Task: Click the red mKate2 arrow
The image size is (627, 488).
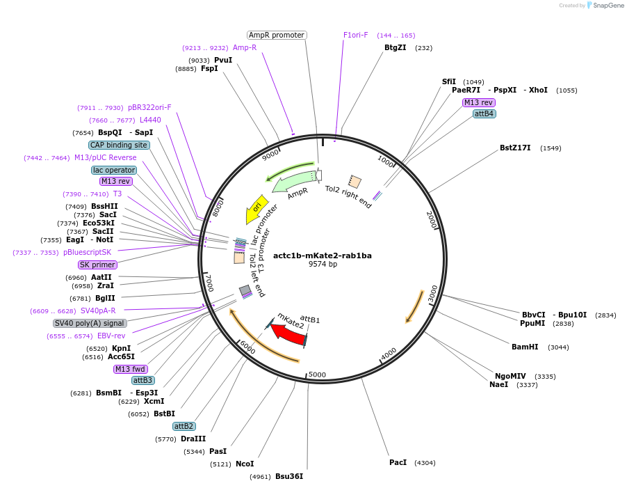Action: pyautogui.click(x=288, y=335)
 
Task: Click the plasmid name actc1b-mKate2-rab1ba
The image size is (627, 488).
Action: pyautogui.click(x=323, y=255)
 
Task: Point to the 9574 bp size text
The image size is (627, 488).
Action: pyautogui.click(x=323, y=265)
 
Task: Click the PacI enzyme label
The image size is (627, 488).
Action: pyautogui.click(x=398, y=462)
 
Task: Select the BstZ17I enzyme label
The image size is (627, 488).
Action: pyautogui.click(x=515, y=148)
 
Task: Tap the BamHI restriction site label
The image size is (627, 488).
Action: pyautogui.click(x=525, y=347)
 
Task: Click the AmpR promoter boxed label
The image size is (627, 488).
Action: pyautogui.click(x=277, y=35)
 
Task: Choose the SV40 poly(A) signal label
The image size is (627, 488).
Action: pyautogui.click(x=90, y=323)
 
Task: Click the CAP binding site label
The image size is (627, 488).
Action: pyautogui.click(x=118, y=145)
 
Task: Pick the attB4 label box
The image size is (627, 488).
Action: pyautogui.click(x=484, y=113)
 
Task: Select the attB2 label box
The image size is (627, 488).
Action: pyautogui.click(x=184, y=426)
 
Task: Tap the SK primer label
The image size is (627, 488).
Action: pyautogui.click(x=97, y=265)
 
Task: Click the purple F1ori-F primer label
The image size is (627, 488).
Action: pyautogui.click(x=356, y=35)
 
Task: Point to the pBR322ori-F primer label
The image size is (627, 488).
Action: pyautogui.click(x=149, y=107)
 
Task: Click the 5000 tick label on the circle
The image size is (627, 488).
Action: pyautogui.click(x=317, y=375)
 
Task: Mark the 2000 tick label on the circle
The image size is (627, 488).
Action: pyautogui.click(x=431, y=220)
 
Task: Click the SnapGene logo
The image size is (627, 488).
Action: pyautogui.click(x=603, y=6)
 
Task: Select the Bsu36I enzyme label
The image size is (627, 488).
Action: pyautogui.click(x=289, y=476)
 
